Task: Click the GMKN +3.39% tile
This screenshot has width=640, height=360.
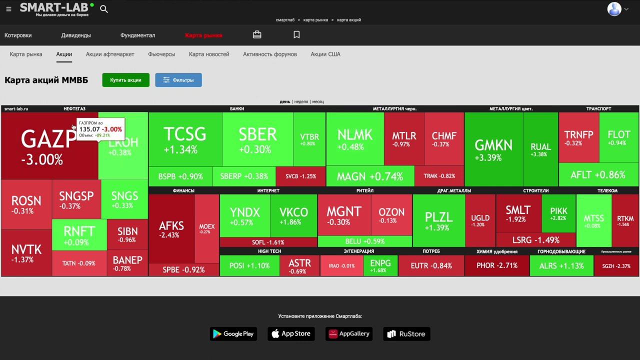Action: (x=493, y=149)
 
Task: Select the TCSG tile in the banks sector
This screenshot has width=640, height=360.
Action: (x=185, y=139)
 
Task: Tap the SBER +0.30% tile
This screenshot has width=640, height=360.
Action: (x=257, y=139)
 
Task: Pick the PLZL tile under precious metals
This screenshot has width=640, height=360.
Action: (x=438, y=220)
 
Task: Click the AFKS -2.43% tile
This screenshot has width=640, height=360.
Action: (x=171, y=228)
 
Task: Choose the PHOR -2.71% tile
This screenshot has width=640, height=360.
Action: (x=496, y=265)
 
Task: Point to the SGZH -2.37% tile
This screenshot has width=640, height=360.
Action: (x=616, y=266)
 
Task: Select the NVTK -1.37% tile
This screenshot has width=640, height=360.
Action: (x=26, y=253)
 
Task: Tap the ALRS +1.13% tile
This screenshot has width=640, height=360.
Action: (x=561, y=265)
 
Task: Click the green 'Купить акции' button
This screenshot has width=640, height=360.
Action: (x=125, y=80)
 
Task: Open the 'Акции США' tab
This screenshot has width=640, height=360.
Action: (x=325, y=54)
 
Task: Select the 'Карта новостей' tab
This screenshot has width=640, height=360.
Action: (x=209, y=54)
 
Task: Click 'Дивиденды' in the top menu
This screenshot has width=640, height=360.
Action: (x=76, y=35)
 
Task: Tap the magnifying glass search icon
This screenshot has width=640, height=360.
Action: (x=104, y=9)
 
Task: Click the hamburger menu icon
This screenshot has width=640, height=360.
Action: (x=8, y=9)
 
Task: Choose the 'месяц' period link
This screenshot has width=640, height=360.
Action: (x=318, y=101)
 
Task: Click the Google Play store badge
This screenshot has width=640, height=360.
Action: (x=233, y=334)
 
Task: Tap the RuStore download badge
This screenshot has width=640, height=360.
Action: (x=406, y=334)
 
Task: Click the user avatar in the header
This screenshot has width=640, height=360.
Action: (x=614, y=9)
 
